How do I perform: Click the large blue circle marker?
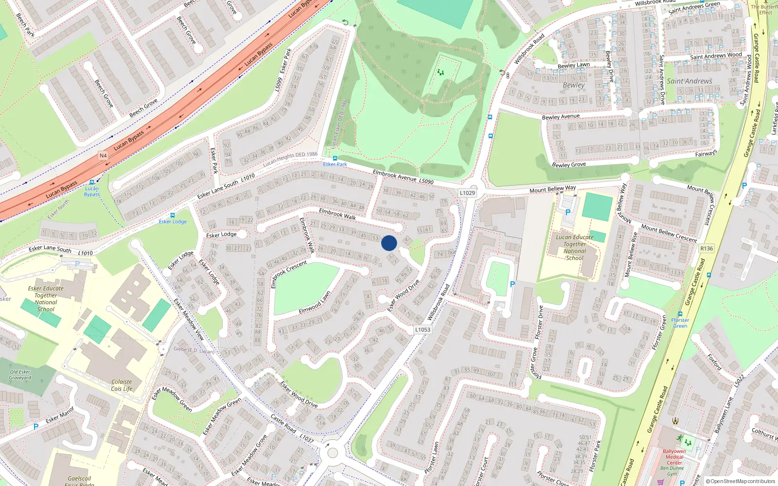tap(389, 243)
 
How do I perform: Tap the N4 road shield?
tap(103, 156)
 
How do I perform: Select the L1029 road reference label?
tap(467, 193)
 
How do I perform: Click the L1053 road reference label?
tap(423, 330)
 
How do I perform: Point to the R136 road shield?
tap(707, 248)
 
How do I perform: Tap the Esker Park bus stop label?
tap(335, 164)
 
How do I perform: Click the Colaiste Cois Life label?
tap(122, 385)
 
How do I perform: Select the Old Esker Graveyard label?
tap(20, 375)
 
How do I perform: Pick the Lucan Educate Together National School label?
tap(575, 247)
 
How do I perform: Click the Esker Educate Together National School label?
tap(46, 298)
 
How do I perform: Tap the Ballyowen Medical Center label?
tap(674, 457)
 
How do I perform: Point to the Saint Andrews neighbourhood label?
tap(690, 81)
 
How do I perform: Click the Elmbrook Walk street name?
tap(337, 214)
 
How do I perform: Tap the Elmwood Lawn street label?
tap(315, 302)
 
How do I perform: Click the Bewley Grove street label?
tap(569, 164)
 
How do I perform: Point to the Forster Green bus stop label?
tap(680, 323)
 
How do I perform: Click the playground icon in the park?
tap(441, 72)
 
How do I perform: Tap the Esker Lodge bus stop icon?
tap(172, 215)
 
